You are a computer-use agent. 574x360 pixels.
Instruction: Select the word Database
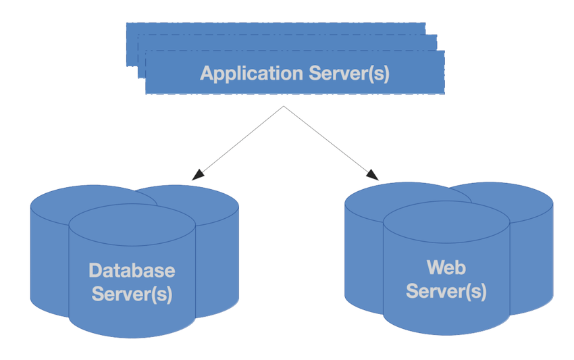coord(132,271)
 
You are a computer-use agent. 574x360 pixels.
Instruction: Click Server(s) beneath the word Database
coord(132,294)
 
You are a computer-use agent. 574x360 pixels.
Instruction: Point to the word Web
coord(446,267)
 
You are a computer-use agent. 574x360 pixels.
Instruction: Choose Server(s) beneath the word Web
coord(446,291)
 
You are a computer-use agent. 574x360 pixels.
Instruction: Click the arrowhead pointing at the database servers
coord(196,176)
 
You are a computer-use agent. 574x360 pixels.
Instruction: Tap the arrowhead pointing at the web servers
coord(373,176)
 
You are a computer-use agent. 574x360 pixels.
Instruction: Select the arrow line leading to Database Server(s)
coord(240,142)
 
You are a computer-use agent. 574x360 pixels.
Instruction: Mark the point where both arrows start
coord(283,106)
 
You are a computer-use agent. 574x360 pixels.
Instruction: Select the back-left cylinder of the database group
coord(47,257)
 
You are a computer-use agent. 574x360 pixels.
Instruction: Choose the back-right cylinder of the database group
coord(216,257)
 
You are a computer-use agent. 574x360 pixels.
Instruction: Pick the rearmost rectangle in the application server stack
coord(270,28)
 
